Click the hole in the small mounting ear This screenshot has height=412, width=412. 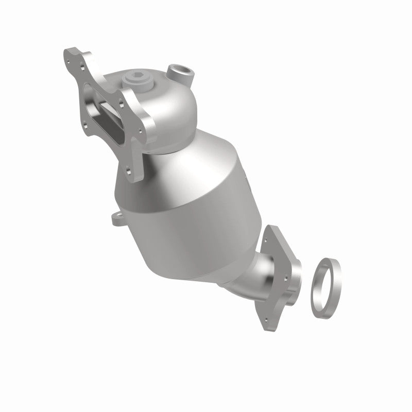click(x=115, y=218)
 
